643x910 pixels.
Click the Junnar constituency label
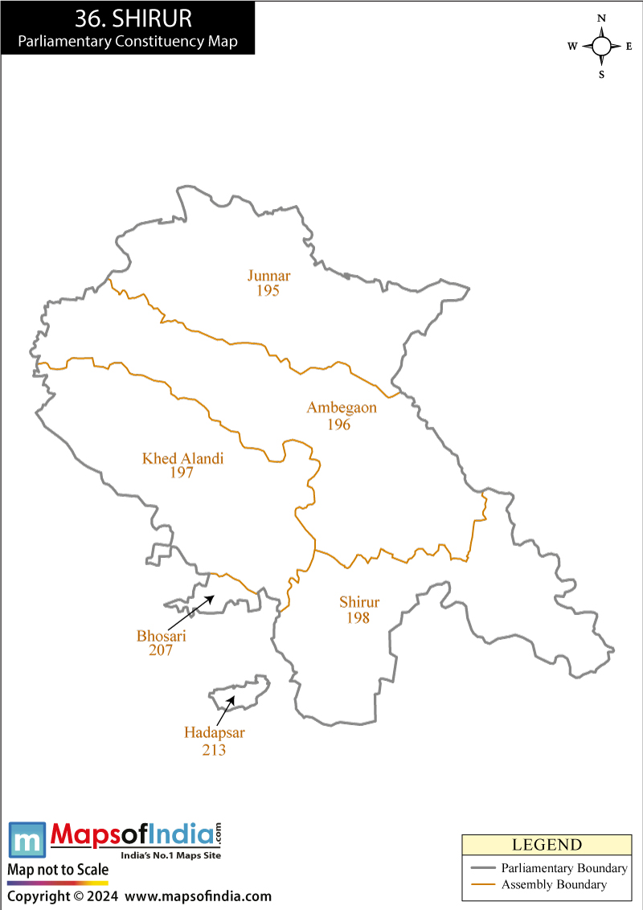(268, 276)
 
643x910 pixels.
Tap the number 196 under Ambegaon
(338, 424)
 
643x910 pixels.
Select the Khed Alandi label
(182, 458)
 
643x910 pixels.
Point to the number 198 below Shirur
(358, 617)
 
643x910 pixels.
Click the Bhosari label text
(161, 636)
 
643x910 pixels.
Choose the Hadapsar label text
(214, 732)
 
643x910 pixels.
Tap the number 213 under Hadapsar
(214, 750)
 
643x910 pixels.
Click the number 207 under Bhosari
(161, 650)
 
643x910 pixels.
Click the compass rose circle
(601, 46)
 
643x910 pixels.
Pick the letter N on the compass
(601, 18)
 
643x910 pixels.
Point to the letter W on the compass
(572, 47)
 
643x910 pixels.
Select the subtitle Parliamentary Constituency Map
(128, 42)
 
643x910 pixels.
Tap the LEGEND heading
(547, 845)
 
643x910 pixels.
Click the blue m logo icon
(27, 839)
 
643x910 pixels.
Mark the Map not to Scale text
(58, 870)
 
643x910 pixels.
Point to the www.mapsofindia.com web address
(199, 896)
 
